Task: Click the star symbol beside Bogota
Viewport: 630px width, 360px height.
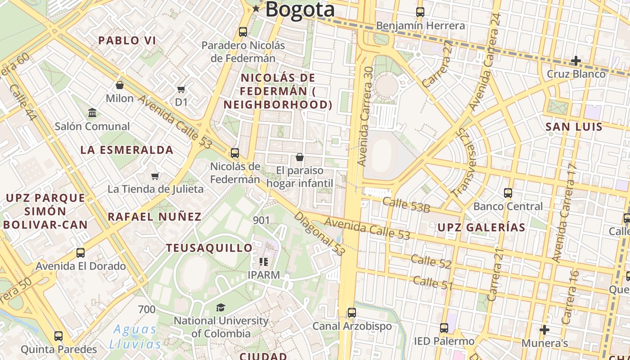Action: [x=256, y=9]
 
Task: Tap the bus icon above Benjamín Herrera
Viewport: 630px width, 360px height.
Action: [x=420, y=12]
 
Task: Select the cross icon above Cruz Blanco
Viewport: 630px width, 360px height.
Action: [x=576, y=60]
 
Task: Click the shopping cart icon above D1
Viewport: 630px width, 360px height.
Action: [x=181, y=90]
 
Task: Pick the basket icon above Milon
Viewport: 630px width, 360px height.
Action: [x=120, y=85]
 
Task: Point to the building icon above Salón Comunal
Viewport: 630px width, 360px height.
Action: [x=92, y=112]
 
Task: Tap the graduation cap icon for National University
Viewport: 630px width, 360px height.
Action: [x=220, y=307]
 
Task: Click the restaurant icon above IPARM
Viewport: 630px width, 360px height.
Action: [x=264, y=261]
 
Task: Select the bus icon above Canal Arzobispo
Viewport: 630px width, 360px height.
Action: [x=352, y=312]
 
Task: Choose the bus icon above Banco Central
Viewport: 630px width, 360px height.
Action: [x=508, y=193]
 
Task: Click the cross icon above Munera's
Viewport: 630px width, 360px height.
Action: [x=544, y=330]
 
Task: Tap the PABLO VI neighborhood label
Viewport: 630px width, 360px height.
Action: [x=127, y=40]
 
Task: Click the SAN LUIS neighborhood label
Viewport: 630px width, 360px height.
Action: [x=574, y=127]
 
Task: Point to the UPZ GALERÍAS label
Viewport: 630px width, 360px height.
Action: [x=481, y=228]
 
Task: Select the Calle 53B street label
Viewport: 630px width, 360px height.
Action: [x=406, y=205]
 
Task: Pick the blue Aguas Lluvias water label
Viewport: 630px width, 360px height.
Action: [x=135, y=337]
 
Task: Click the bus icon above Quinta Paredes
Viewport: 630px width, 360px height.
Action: [x=58, y=336]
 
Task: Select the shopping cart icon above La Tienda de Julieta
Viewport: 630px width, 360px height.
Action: [x=155, y=176]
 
